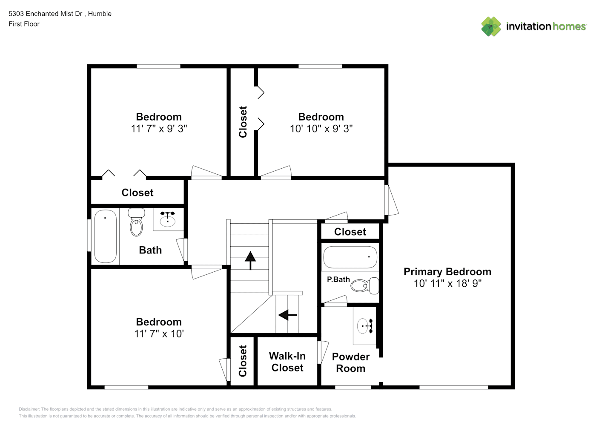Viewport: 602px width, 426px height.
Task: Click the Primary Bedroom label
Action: (x=447, y=272)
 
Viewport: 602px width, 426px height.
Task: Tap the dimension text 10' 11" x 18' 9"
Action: (x=447, y=283)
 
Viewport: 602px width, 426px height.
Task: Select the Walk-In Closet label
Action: (x=287, y=362)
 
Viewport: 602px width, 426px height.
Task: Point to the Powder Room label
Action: (x=351, y=363)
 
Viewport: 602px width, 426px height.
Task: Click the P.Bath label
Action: (x=338, y=279)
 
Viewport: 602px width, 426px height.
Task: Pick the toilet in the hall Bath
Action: (x=136, y=222)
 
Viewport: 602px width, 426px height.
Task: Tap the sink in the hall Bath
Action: (x=167, y=219)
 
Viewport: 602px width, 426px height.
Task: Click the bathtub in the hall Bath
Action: (x=105, y=236)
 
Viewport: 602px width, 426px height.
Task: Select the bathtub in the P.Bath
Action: (x=350, y=257)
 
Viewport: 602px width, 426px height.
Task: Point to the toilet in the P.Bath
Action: (x=365, y=285)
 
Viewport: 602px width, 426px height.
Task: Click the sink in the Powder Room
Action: (x=365, y=326)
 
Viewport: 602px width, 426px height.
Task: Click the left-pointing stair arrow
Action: (x=287, y=315)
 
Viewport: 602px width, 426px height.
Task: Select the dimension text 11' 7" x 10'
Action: (x=159, y=334)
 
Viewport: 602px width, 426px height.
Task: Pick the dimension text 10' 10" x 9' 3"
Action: (x=321, y=129)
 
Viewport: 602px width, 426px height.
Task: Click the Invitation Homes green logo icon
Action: (x=491, y=26)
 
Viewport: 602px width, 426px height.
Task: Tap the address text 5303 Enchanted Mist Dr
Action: (x=46, y=14)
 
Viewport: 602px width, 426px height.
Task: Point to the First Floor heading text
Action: (x=24, y=24)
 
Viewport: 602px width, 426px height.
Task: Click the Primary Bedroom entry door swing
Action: (x=391, y=200)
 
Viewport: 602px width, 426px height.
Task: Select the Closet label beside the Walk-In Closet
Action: (x=243, y=361)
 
